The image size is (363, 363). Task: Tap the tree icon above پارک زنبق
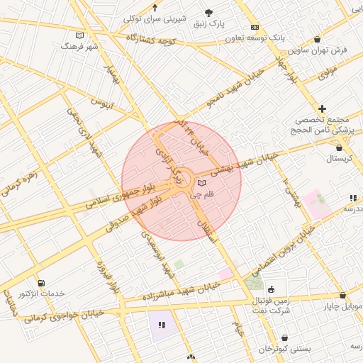tap(208, 13)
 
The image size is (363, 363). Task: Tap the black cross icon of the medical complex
tap(322, 108)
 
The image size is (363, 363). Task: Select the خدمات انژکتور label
tap(40, 294)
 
